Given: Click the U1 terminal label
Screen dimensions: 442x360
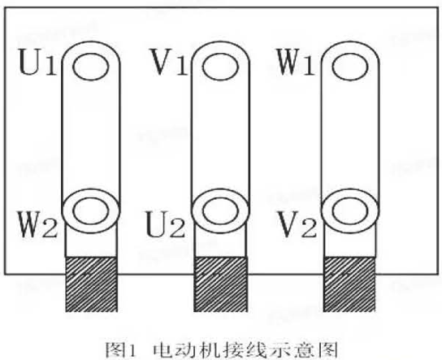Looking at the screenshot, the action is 37,62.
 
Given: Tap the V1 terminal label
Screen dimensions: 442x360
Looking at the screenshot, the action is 169,62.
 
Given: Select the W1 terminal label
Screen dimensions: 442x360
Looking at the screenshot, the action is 296,62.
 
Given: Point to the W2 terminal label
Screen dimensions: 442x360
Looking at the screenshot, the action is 38,224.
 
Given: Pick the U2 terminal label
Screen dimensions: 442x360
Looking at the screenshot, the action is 166,224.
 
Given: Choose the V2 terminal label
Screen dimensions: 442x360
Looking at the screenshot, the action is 297,224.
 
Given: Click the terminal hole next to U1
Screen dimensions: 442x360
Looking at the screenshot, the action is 90,67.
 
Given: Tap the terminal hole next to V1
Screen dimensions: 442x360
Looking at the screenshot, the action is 220,67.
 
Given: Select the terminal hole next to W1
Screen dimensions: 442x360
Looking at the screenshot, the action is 350,67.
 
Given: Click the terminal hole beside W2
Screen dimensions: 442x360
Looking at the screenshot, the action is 90,211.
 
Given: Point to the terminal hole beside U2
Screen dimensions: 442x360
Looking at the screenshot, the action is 220,211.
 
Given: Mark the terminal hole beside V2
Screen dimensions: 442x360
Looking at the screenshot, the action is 350,211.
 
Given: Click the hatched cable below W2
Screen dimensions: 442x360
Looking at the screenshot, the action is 91,284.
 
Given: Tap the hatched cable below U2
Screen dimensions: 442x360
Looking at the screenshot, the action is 220,284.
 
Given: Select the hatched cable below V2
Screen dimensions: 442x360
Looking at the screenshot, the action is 349,284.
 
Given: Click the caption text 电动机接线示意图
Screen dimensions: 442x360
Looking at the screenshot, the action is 245,350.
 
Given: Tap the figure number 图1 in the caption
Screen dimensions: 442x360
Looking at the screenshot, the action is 120,350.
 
